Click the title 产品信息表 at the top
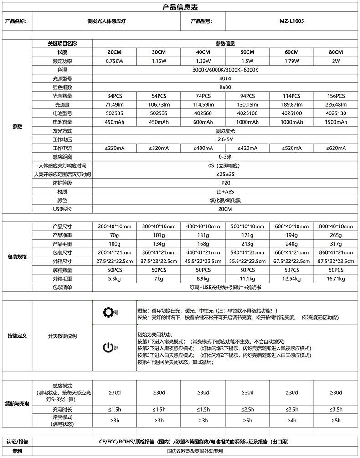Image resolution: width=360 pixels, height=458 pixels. point(180,7)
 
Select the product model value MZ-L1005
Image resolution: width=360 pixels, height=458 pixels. point(292,21)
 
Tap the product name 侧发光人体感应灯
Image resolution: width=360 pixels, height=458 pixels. point(108,21)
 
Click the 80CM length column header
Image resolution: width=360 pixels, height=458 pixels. point(336,52)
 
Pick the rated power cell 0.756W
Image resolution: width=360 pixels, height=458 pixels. point(114,61)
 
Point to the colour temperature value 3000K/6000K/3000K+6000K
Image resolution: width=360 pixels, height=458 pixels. point(225,70)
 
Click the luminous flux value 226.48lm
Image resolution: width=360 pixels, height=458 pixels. point(336,104)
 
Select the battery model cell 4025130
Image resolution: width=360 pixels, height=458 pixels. point(336,113)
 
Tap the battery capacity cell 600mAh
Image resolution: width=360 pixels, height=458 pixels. point(203,122)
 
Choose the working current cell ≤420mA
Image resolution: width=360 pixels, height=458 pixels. point(247,148)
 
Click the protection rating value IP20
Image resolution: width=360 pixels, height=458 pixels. point(225,183)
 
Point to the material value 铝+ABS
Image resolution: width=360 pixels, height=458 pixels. point(225,191)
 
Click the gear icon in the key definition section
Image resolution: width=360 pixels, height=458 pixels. point(108,312)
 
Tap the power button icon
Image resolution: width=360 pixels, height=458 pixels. point(108,347)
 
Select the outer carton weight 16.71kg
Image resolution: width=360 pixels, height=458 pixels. point(336,278)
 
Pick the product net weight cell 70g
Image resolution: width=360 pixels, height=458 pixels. point(114,235)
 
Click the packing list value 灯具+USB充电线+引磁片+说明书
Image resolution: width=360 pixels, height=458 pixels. point(225,287)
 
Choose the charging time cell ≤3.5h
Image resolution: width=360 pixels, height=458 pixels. point(336,410)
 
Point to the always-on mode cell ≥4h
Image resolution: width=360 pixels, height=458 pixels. point(292,421)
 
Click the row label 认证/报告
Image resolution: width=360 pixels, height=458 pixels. point(17,442)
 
